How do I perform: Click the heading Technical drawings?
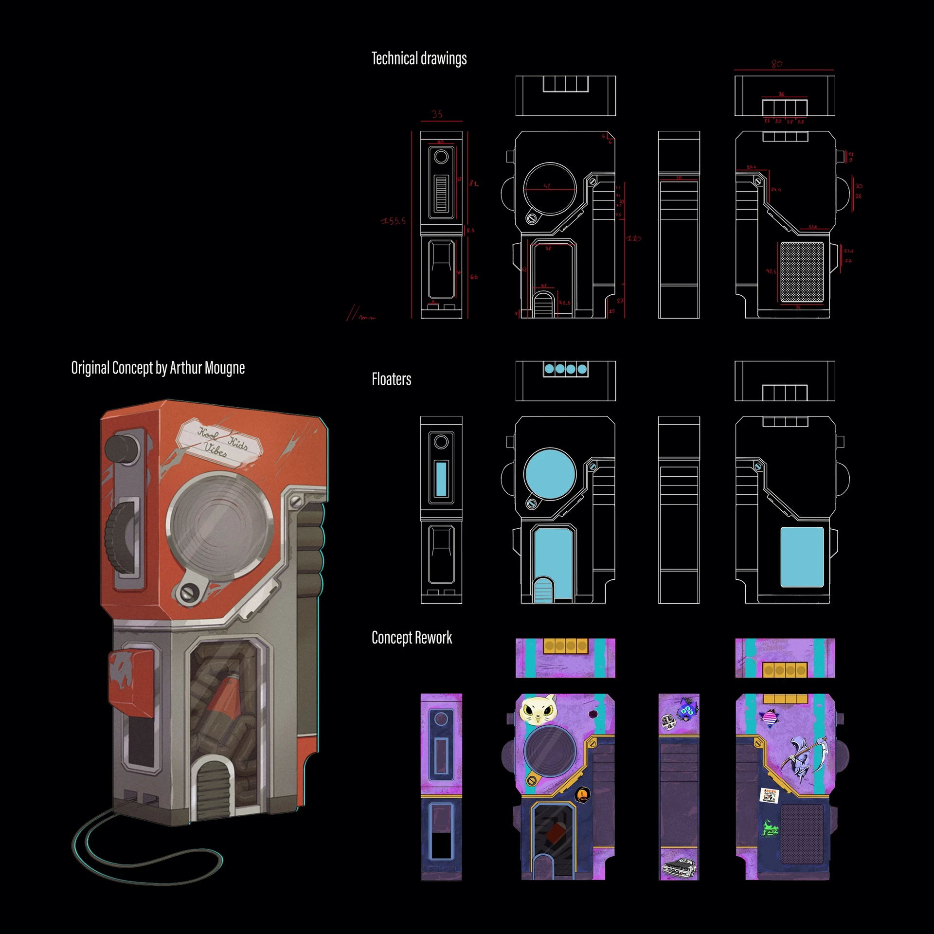[419, 58]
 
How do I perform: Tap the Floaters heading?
[391, 379]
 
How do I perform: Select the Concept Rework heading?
[412, 637]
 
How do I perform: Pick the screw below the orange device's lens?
[187, 592]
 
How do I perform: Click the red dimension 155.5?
[393, 221]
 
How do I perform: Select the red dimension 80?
[776, 64]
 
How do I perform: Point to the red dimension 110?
[633, 238]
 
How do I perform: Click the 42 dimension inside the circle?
[547, 186]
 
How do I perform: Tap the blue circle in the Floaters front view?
[550, 474]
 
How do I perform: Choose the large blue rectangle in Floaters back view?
[802, 557]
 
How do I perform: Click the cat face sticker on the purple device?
[538, 711]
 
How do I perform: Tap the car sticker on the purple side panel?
[679, 867]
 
